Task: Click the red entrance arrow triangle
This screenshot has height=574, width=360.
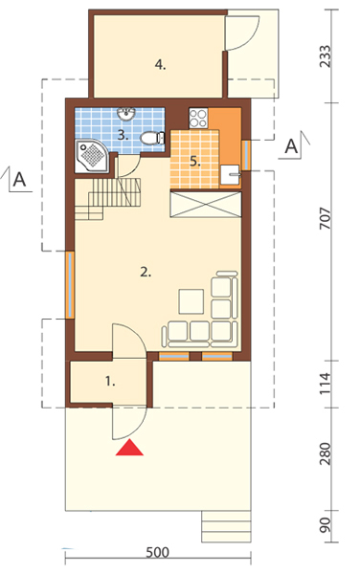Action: tap(129, 448)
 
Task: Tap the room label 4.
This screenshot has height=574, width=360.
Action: tap(161, 65)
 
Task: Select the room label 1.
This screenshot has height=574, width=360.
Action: tap(110, 382)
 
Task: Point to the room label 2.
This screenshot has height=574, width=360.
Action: tap(146, 272)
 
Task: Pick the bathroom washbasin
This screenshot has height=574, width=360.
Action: tap(126, 114)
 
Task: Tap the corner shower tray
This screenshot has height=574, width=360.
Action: tap(92, 156)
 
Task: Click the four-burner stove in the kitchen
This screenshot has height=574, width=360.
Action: tap(198, 118)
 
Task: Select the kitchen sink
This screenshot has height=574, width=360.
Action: tap(231, 175)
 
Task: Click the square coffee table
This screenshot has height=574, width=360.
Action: tap(191, 301)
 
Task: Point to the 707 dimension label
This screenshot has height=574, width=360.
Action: tap(326, 218)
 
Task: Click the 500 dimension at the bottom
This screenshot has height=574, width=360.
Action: tap(157, 552)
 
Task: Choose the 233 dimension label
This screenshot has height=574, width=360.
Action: tap(326, 56)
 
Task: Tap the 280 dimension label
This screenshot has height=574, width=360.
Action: tap(326, 453)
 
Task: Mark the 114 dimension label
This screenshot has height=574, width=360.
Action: tap(326, 384)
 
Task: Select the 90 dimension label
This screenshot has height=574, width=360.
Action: tap(326, 525)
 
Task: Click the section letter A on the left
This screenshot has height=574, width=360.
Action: tap(19, 180)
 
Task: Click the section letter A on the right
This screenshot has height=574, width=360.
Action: tap(291, 146)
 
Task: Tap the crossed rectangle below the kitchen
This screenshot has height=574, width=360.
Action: tap(206, 205)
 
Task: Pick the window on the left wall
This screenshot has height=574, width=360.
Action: tap(70, 285)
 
